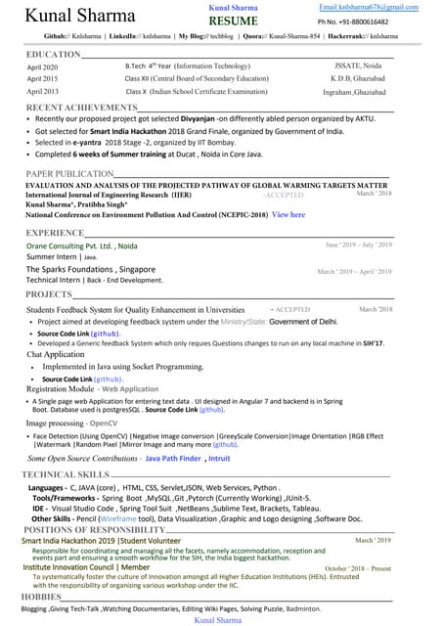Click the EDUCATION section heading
pos(54,54)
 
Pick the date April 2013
pos(43,91)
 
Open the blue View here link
pos(288,214)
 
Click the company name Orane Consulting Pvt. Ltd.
pos(82,246)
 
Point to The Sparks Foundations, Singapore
pos(91,269)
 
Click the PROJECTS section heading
pos(49,293)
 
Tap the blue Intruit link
pos(219,458)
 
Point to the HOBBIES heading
pos(42,596)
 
